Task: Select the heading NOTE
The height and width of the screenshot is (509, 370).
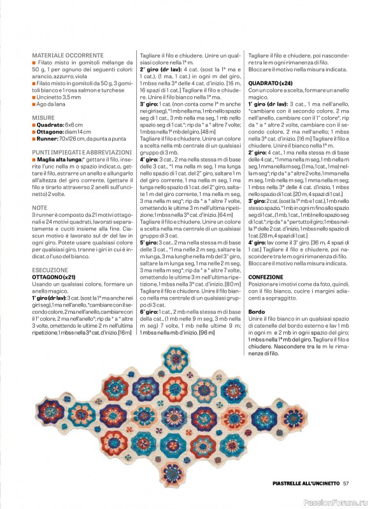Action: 39,208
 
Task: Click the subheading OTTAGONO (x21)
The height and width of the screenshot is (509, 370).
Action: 57,277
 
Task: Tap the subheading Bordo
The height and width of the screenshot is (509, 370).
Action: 257,312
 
